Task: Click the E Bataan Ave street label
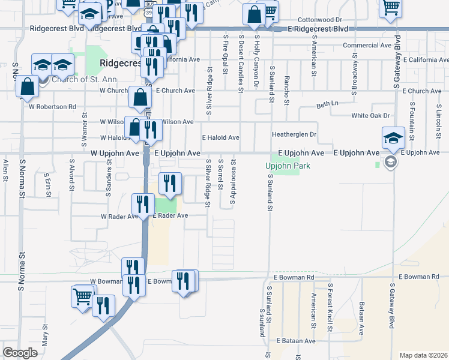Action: (296, 341)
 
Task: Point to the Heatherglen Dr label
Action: (294, 135)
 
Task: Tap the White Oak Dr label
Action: (370, 115)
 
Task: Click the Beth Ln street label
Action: (327, 104)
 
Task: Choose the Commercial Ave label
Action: (367, 45)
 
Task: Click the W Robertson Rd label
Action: (53, 107)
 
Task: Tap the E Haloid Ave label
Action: (220, 137)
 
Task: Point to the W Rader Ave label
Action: (119, 216)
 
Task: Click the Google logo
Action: (20, 352)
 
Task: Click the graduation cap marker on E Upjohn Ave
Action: (393, 139)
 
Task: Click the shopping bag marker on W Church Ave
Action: (139, 97)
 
